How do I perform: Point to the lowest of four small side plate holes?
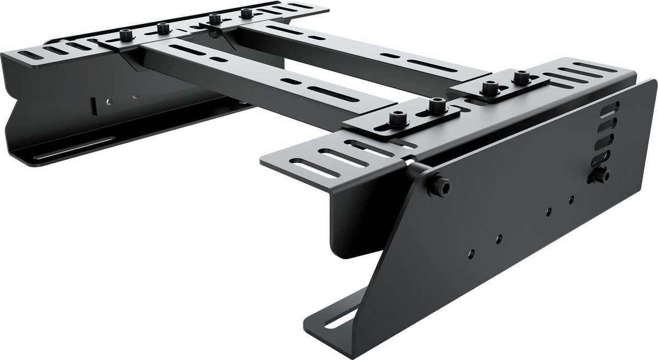(471, 254)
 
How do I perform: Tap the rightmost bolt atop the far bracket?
(246, 12)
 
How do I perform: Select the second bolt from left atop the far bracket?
(162, 27)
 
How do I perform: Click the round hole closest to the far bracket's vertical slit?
(110, 101)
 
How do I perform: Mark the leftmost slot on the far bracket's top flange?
(28, 56)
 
